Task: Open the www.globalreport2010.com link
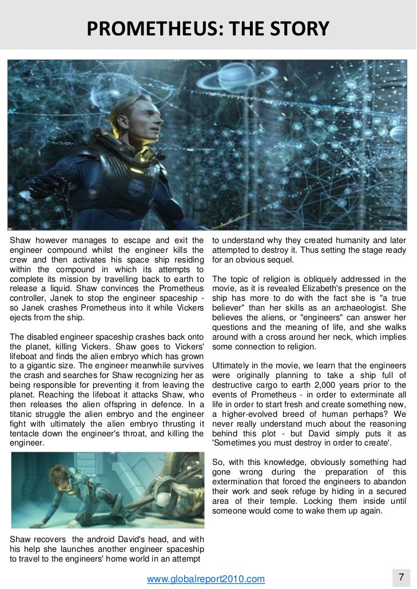pyautogui.click(x=206, y=579)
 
